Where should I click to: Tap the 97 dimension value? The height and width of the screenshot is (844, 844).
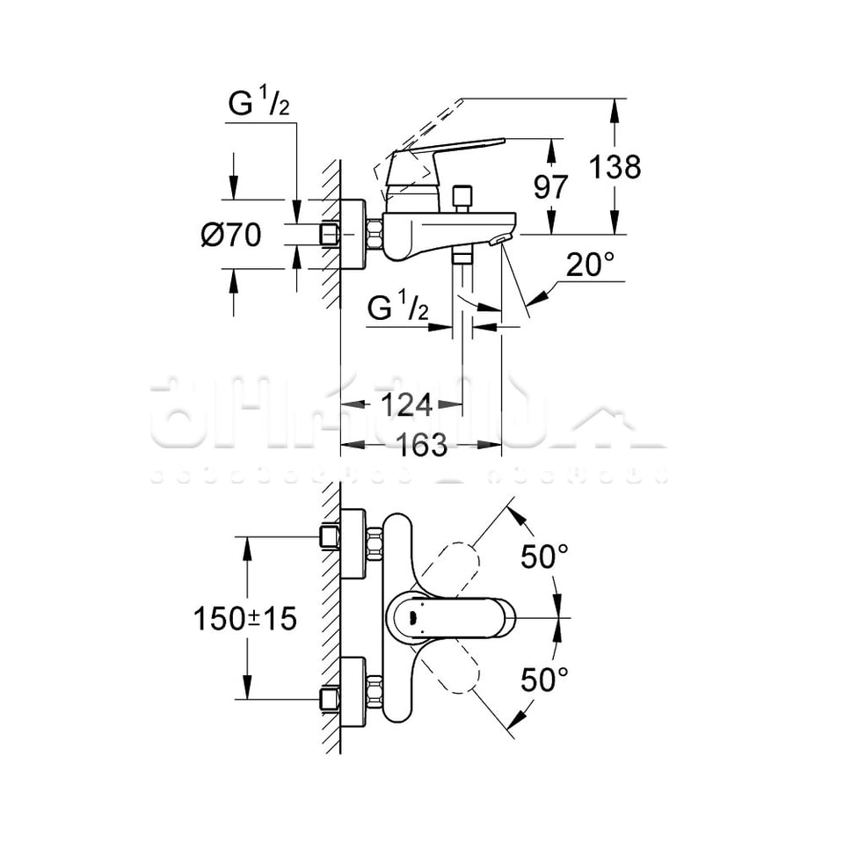coord(551,187)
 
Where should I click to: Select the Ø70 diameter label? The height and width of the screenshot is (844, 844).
coord(231,235)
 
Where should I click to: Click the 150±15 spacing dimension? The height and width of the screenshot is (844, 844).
coord(245,619)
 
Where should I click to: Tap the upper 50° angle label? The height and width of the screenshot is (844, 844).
coord(544,557)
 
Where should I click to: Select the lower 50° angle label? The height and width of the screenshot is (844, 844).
coord(544,679)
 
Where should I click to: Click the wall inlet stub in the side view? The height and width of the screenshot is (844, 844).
coord(331,235)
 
